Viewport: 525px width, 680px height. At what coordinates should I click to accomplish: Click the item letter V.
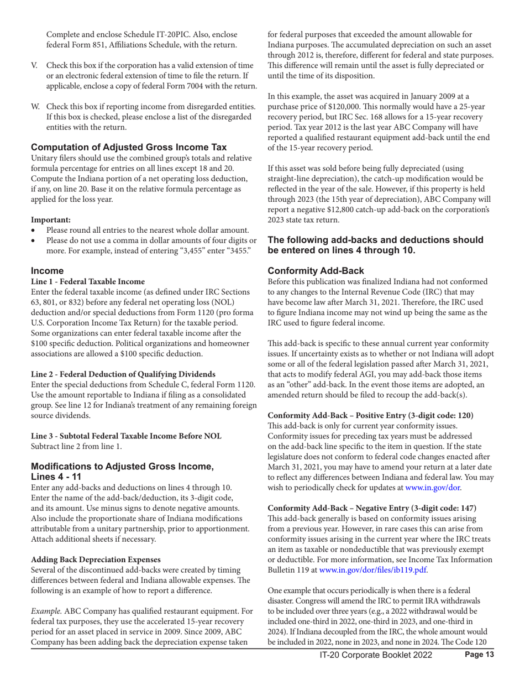(x=34, y=66)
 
